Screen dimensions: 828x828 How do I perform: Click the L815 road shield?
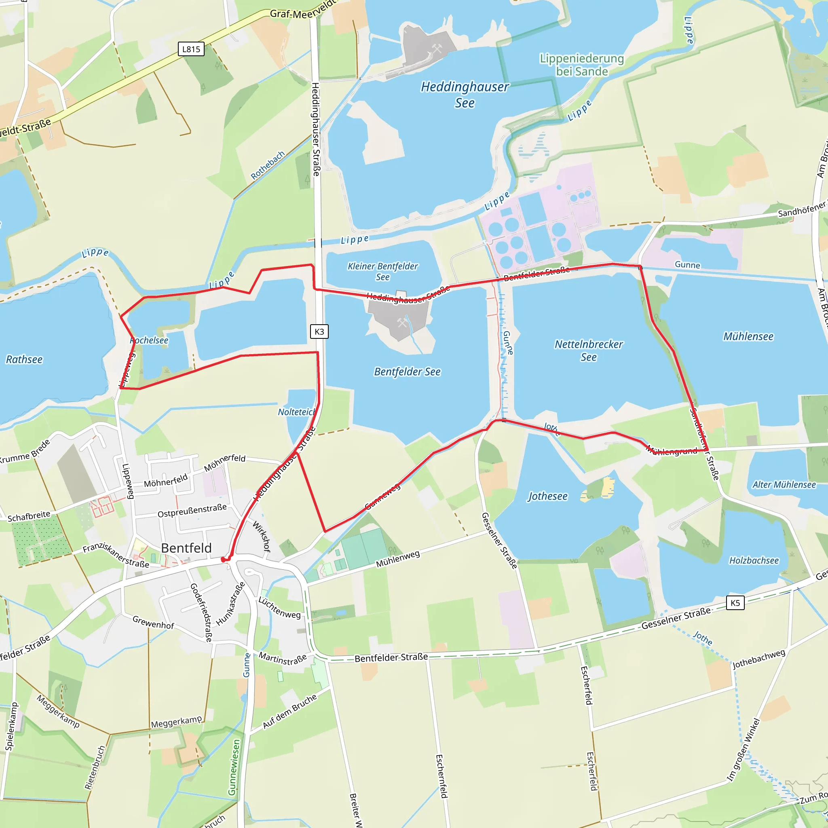click(191, 49)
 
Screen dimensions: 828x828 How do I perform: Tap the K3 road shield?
click(319, 331)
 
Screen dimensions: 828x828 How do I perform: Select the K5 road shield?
click(735, 602)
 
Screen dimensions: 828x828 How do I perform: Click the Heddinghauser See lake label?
click(465, 95)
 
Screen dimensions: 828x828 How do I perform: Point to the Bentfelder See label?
click(407, 372)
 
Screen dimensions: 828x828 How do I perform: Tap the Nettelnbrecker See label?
click(588, 351)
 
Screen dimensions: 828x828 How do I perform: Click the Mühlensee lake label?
click(748, 336)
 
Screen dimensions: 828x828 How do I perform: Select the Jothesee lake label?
click(547, 496)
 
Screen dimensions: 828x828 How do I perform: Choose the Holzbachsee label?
click(754, 561)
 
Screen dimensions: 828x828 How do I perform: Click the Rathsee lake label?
click(24, 359)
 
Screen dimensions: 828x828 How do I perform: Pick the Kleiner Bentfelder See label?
click(383, 272)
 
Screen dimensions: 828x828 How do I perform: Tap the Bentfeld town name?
click(186, 548)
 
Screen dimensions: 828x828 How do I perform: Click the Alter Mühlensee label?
click(784, 485)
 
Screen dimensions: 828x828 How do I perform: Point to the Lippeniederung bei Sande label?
click(581, 65)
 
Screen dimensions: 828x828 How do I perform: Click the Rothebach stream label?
click(268, 165)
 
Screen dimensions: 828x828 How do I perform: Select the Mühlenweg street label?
click(398, 559)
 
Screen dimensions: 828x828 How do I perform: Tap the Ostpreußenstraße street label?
click(192, 511)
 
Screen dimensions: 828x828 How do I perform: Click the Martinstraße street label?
click(283, 658)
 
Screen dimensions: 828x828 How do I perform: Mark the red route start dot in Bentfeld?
click(223, 560)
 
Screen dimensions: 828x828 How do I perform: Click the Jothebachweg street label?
click(758, 659)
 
